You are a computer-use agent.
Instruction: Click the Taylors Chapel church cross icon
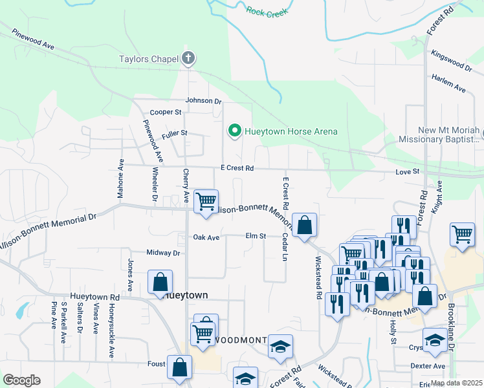coord(188,59)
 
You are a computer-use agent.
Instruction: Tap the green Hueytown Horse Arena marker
coord(234,131)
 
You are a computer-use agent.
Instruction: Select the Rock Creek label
coord(267,10)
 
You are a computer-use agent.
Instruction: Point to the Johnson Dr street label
coord(203,101)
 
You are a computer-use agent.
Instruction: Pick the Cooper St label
coord(166,113)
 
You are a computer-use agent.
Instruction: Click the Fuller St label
coord(175,133)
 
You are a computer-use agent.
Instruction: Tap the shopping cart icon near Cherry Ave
coord(206,201)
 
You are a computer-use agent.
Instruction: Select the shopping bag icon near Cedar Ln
coord(305,225)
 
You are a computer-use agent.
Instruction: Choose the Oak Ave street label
coord(206,237)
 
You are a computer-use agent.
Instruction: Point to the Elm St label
coord(256,237)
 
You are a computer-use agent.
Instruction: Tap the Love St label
coord(408,172)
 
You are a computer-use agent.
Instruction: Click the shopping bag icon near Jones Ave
coord(160,283)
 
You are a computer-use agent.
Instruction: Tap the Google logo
coord(21,380)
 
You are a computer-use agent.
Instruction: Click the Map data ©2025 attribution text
coord(456,383)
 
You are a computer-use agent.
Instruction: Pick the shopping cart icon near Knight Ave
coord(462,235)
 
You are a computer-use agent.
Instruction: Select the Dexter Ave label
coord(428,366)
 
